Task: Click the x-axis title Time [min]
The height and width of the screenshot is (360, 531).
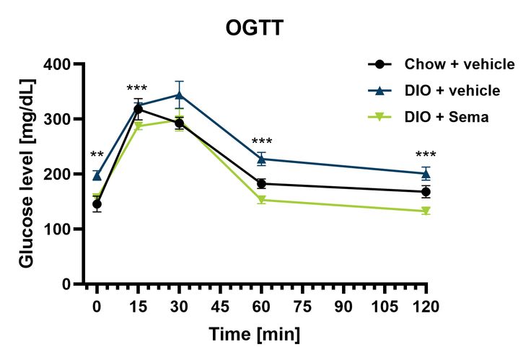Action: (255, 335)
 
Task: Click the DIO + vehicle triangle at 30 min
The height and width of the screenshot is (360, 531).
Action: (179, 95)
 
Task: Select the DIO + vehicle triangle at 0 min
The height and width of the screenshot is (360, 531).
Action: (97, 175)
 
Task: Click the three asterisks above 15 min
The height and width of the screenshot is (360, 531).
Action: (137, 89)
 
